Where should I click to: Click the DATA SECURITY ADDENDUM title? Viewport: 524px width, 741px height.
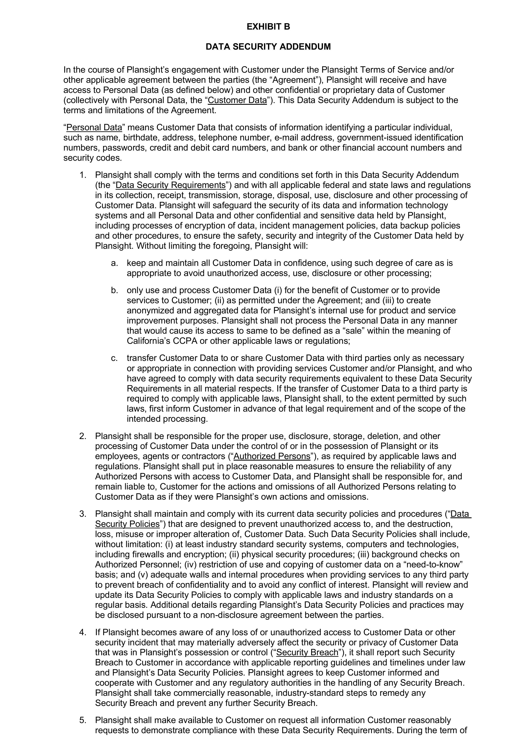pos(268,47)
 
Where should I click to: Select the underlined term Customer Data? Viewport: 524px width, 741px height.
pos(237,100)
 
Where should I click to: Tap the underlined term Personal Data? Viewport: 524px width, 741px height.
pos(94,128)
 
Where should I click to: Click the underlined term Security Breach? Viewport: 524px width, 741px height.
pos(307,653)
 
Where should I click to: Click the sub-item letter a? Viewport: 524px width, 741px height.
pos(114,263)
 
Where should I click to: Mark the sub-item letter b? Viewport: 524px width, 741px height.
pos(114,290)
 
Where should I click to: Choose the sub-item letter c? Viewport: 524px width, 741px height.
pos(114,358)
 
